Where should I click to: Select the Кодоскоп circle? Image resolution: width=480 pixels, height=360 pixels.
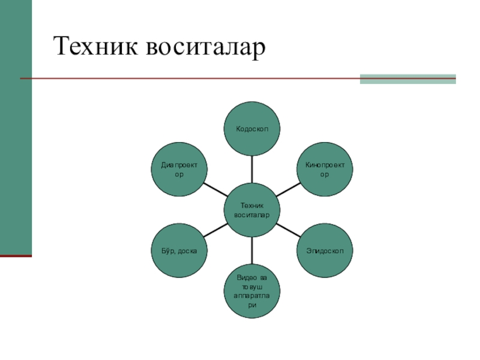[252, 128]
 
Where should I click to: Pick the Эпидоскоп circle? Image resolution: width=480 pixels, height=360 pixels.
[326, 250]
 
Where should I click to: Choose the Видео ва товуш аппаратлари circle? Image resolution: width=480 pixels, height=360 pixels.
[252, 292]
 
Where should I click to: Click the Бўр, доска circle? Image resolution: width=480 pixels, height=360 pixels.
[178, 250]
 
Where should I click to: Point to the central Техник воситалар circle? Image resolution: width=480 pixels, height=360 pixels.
[252, 209]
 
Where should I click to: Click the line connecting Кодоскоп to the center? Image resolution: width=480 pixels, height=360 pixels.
[252, 169]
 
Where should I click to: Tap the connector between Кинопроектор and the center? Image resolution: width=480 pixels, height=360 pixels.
[289, 189]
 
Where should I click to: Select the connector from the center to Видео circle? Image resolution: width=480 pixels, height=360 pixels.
[252, 251]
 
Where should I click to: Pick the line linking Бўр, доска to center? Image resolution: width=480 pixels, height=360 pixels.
[215, 230]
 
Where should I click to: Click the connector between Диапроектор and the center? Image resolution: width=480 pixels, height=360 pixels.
[215, 189]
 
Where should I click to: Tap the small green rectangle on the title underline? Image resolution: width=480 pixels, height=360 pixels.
[407, 79]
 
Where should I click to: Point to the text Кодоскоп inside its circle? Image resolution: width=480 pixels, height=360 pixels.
[252, 128]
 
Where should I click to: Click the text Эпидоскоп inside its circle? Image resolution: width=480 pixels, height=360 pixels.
[326, 250]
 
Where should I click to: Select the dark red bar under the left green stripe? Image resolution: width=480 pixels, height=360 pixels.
[16, 256]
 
